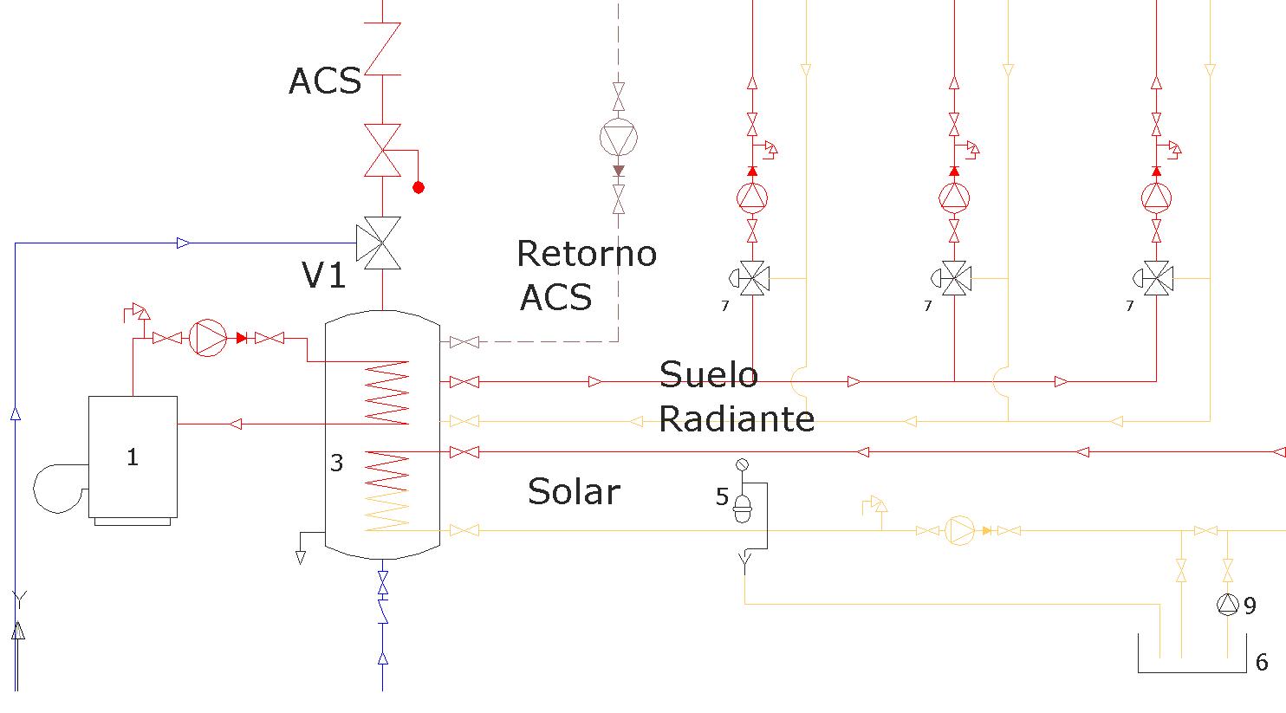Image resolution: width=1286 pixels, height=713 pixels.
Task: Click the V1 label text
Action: pyautogui.click(x=324, y=275)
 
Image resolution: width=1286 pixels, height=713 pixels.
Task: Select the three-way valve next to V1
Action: pyautogui.click(x=379, y=243)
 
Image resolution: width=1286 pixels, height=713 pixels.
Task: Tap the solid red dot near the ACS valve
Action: pyautogui.click(x=419, y=188)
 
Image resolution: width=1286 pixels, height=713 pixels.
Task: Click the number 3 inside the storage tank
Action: pyautogui.click(x=336, y=463)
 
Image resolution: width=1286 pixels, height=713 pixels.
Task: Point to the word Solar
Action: pyautogui.click(x=574, y=492)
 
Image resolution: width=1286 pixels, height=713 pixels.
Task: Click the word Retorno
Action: pyautogui.click(x=587, y=254)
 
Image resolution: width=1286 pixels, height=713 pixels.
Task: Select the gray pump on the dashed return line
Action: pyautogui.click(x=619, y=138)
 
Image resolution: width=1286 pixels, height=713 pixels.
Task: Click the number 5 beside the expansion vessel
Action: pyautogui.click(x=722, y=496)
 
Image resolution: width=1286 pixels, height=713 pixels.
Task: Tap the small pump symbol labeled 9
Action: pyautogui.click(x=1227, y=605)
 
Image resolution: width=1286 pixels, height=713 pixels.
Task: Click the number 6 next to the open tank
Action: pyautogui.click(x=1262, y=663)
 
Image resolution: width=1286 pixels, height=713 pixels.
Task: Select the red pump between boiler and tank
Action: pyautogui.click(x=208, y=338)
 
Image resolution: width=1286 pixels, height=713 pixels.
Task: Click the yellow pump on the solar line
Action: pyautogui.click(x=959, y=530)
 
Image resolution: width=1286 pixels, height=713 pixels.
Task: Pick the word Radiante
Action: pyautogui.click(x=737, y=419)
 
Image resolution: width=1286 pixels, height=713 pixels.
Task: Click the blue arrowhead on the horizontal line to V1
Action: pyautogui.click(x=184, y=243)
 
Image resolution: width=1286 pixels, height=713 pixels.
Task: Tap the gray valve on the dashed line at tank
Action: pyautogui.click(x=464, y=343)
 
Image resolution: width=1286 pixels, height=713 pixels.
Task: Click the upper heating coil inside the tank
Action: pyautogui.click(x=387, y=393)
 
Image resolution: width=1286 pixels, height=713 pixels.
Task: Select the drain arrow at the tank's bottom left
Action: pyautogui.click(x=300, y=557)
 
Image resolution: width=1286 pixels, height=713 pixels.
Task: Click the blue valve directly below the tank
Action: pyautogui.click(x=383, y=583)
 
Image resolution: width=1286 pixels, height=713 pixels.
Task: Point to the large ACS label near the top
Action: pyautogui.click(x=325, y=81)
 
